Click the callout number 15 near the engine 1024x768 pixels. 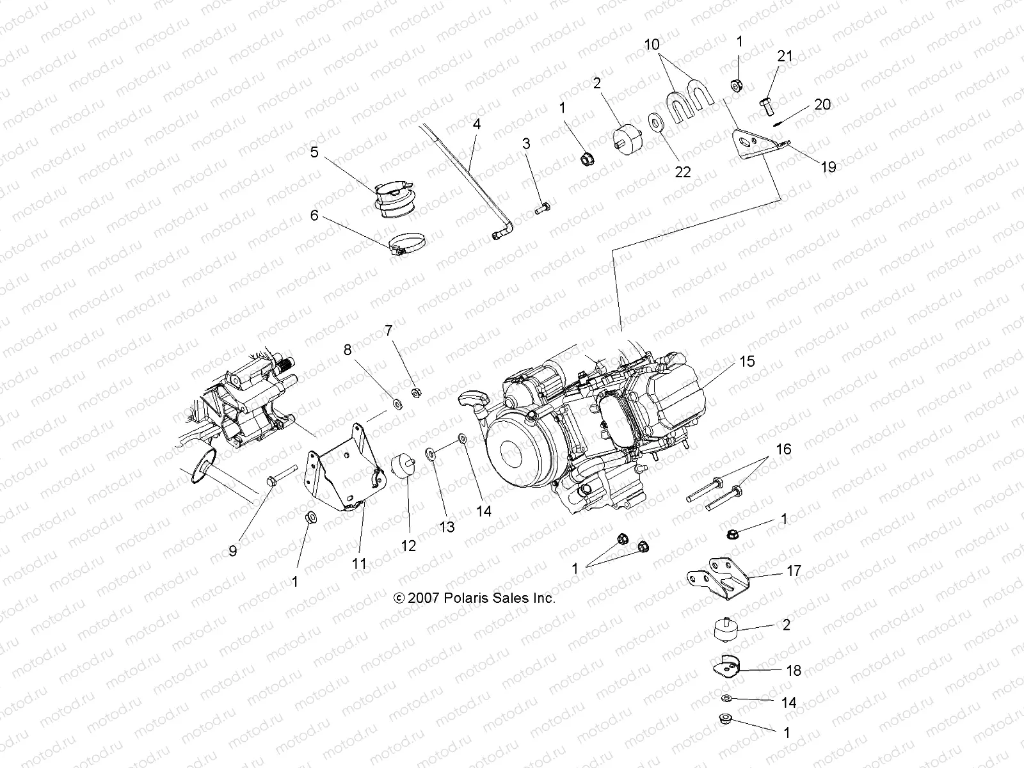pos(747,361)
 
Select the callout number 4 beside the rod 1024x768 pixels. pos(476,124)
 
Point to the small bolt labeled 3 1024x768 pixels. pos(543,208)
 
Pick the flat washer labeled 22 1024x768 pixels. pos(655,123)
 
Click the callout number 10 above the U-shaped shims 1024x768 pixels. pos(652,45)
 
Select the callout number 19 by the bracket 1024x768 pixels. pos(828,167)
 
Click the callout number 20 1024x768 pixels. pos(822,104)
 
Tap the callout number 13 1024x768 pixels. pos(447,526)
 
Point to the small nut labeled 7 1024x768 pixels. pos(415,392)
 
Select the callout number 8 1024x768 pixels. pos(348,349)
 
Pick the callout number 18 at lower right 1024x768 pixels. pos(794,670)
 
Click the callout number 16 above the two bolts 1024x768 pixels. pos(783,449)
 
